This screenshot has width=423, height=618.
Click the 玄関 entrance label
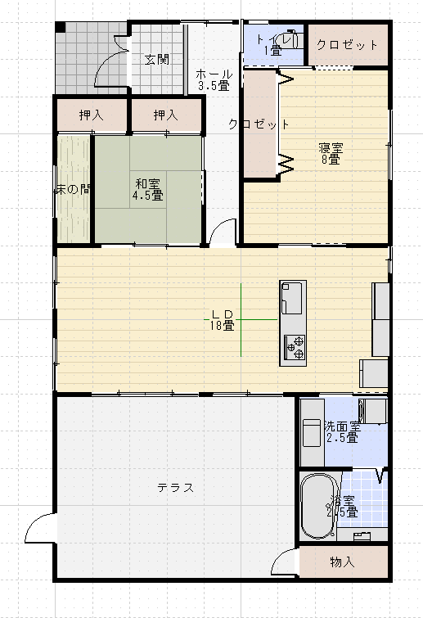[x=157, y=59]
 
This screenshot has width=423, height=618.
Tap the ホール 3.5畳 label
[x=213, y=79]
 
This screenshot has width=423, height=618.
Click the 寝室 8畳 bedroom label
[x=331, y=153]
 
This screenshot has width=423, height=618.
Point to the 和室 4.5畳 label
[x=149, y=189]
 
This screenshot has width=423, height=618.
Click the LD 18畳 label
[x=223, y=319]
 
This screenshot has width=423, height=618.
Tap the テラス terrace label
[x=175, y=488]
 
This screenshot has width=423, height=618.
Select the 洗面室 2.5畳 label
[x=341, y=431]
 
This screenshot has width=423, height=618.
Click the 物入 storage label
[x=342, y=562]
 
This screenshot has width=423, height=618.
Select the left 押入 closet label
[x=91, y=115]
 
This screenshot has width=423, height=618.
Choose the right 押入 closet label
[x=165, y=115]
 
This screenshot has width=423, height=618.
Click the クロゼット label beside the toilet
[x=347, y=45]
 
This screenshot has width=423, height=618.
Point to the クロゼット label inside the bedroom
[x=259, y=124]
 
